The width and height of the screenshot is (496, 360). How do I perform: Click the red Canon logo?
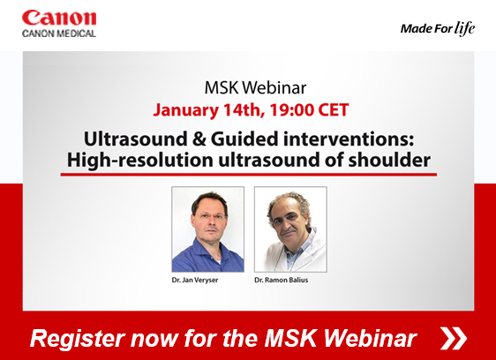[59, 18]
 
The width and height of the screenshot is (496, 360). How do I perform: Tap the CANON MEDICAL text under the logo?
[59, 34]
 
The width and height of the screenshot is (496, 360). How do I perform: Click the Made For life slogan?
[438, 28]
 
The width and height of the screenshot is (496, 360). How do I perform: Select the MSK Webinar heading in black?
[255, 87]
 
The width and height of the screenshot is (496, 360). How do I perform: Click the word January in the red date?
[185, 110]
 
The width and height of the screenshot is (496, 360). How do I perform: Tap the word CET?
[334, 110]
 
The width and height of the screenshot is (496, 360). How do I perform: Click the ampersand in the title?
[199, 139]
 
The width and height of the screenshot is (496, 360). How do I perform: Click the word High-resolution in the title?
[139, 160]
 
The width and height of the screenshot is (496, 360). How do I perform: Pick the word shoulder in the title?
[389, 160]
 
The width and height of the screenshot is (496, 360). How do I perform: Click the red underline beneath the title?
[249, 175]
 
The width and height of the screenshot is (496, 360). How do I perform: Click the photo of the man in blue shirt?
[207, 229]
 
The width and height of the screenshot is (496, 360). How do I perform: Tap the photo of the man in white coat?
[290, 229]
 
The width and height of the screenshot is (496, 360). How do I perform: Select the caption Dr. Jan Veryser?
[195, 280]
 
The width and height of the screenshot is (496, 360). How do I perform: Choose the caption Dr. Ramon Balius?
[282, 280]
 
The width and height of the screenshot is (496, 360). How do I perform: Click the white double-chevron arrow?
[454, 338]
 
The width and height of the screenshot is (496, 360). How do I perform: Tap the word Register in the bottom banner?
[77, 339]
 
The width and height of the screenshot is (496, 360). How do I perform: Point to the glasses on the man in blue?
[210, 218]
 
